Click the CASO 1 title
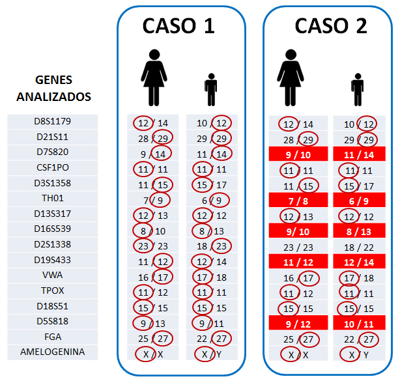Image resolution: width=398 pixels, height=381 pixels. [178, 25]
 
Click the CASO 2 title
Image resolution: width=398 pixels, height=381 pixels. [331, 25]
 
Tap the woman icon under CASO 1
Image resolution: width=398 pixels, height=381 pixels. [154, 78]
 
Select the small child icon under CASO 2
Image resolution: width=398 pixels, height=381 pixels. [357, 90]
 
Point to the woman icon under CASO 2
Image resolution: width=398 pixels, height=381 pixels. [291, 78]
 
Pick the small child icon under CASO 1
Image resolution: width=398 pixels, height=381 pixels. [210, 90]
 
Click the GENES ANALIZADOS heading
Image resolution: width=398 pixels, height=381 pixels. [53, 89]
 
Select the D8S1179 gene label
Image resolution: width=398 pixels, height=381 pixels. [52, 122]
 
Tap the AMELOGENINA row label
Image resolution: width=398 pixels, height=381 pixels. [52, 352]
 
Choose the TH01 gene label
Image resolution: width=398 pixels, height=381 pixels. [52, 199]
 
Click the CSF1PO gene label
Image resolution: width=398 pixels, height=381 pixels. [52, 168]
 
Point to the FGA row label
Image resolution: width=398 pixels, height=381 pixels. [52, 337]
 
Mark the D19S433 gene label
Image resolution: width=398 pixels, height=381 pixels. [52, 261]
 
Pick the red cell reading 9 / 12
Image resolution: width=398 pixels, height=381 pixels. [297, 323]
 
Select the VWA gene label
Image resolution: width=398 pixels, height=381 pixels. [52, 275]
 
